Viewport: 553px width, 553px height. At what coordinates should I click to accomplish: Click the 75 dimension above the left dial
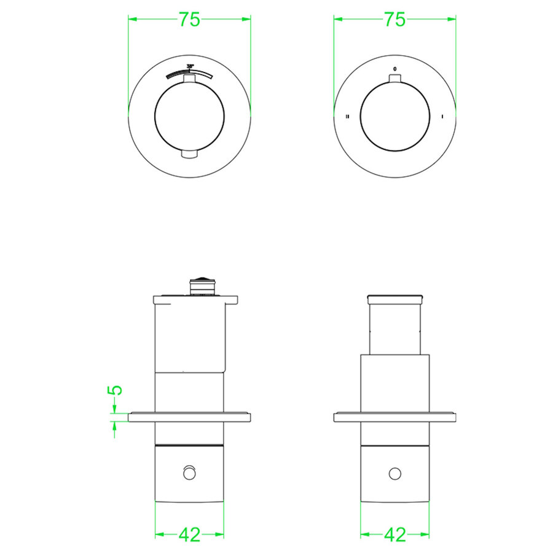coord(190,20)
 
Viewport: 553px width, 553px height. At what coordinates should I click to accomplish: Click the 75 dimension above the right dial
coord(395,20)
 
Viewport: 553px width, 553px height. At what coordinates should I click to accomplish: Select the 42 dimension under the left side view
coord(189,535)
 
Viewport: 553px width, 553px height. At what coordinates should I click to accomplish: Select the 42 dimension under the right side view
coord(394,535)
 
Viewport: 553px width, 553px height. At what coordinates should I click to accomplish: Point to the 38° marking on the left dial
coord(190,66)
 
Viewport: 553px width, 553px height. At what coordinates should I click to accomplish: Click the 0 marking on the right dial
coord(394,68)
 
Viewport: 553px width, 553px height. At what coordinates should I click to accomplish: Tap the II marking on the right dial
coord(348,116)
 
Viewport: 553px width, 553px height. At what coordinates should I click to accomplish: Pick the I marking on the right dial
coord(442,116)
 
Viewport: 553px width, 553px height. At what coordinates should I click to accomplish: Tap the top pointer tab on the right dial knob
coord(394,78)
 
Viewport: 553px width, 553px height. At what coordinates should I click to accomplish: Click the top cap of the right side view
coord(394,299)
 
